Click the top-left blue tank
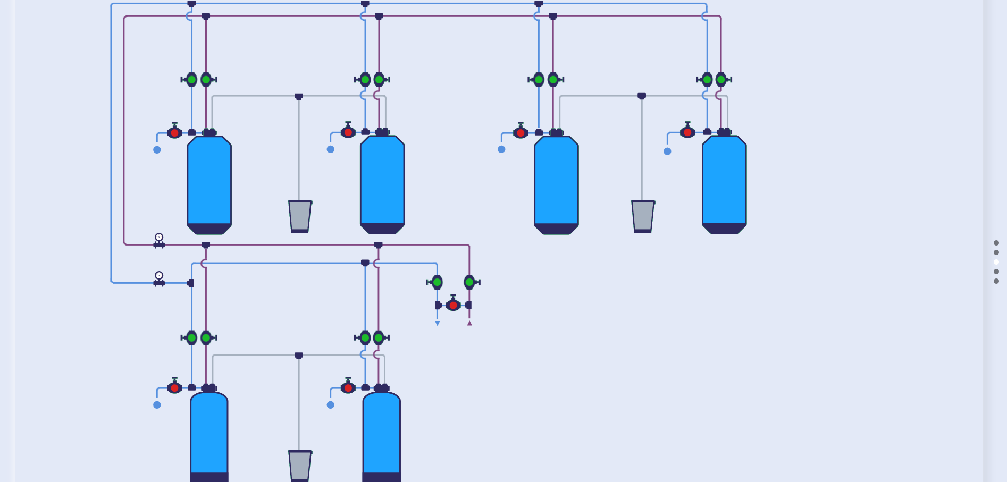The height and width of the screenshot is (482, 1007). click(209, 181)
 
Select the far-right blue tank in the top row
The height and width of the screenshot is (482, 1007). click(724, 181)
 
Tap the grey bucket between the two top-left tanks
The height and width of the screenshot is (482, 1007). click(300, 216)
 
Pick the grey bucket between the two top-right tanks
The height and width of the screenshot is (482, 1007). click(643, 216)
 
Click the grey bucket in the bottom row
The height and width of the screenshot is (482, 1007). click(300, 466)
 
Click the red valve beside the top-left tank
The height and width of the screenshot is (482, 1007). click(174, 132)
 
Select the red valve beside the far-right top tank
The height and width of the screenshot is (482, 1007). click(687, 132)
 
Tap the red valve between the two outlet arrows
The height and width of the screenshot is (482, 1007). click(453, 305)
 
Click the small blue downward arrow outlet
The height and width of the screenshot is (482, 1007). click(438, 323)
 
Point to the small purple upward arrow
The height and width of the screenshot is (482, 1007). click(469, 323)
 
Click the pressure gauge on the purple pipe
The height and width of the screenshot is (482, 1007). click(159, 238)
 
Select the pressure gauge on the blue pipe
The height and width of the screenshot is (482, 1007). click(159, 276)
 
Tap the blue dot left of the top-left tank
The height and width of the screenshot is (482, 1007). click(157, 150)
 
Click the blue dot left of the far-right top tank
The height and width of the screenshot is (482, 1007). click(667, 151)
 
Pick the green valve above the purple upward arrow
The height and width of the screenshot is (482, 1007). click(469, 282)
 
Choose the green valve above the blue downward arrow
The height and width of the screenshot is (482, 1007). click(437, 282)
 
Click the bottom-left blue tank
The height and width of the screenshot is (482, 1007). click(209, 433)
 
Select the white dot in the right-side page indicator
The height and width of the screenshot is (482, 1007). click(996, 262)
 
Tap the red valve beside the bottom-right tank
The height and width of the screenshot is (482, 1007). click(348, 388)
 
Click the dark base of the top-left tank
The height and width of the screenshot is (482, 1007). click(209, 229)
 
